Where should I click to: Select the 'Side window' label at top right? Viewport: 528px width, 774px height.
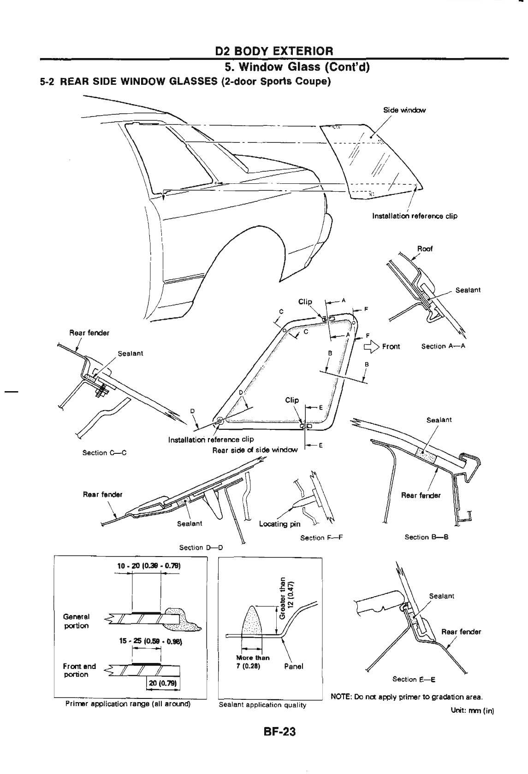pyautogui.click(x=404, y=110)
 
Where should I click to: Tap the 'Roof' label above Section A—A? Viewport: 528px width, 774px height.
pyautogui.click(x=425, y=249)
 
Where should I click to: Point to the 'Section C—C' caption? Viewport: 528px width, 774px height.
pyautogui.click(x=104, y=453)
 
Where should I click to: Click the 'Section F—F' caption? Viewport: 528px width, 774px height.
pyautogui.click(x=322, y=538)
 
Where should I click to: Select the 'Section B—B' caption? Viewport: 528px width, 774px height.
pyautogui.click(x=426, y=537)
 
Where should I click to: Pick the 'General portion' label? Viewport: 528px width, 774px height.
pyautogui.click(x=77, y=621)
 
